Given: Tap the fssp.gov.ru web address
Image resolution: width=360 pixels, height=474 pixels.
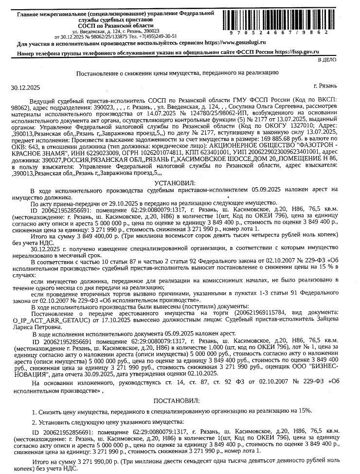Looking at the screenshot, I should (x=297, y=52).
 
